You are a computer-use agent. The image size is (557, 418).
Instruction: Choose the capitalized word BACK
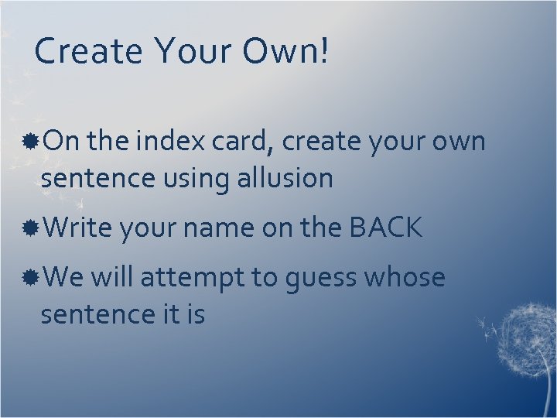[x=386, y=228]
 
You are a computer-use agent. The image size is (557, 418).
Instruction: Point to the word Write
[x=78, y=228]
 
